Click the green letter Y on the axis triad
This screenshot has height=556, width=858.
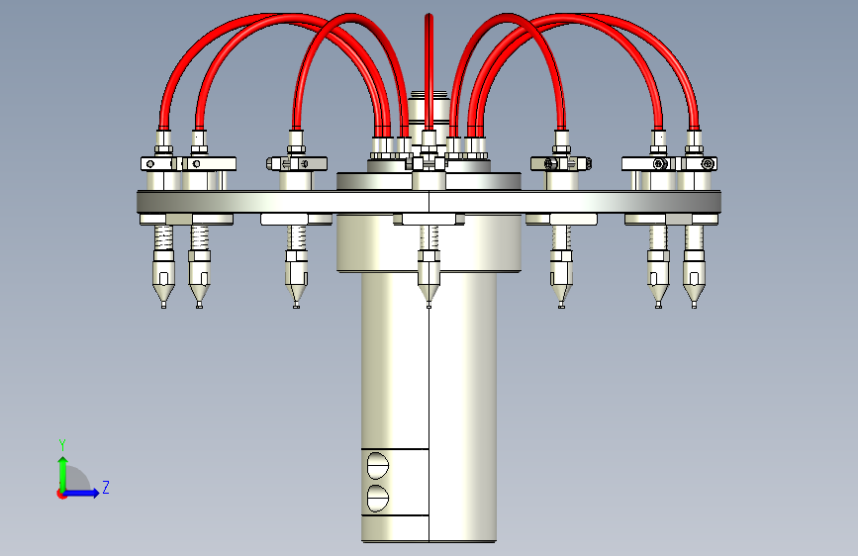[x=62, y=444]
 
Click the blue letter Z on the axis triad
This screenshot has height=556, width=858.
[x=106, y=487]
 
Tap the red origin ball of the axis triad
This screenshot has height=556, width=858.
[x=61, y=494]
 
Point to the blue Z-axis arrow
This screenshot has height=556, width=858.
[x=80, y=493]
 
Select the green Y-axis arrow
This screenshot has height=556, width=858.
[x=63, y=475]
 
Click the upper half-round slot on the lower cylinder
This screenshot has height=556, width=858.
[x=378, y=466]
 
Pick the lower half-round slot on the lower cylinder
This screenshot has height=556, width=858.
[x=378, y=498]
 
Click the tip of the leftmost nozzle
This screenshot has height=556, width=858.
[x=163, y=306]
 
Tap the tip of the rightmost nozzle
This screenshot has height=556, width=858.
[x=694, y=306]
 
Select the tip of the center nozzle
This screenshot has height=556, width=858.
[x=429, y=306]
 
